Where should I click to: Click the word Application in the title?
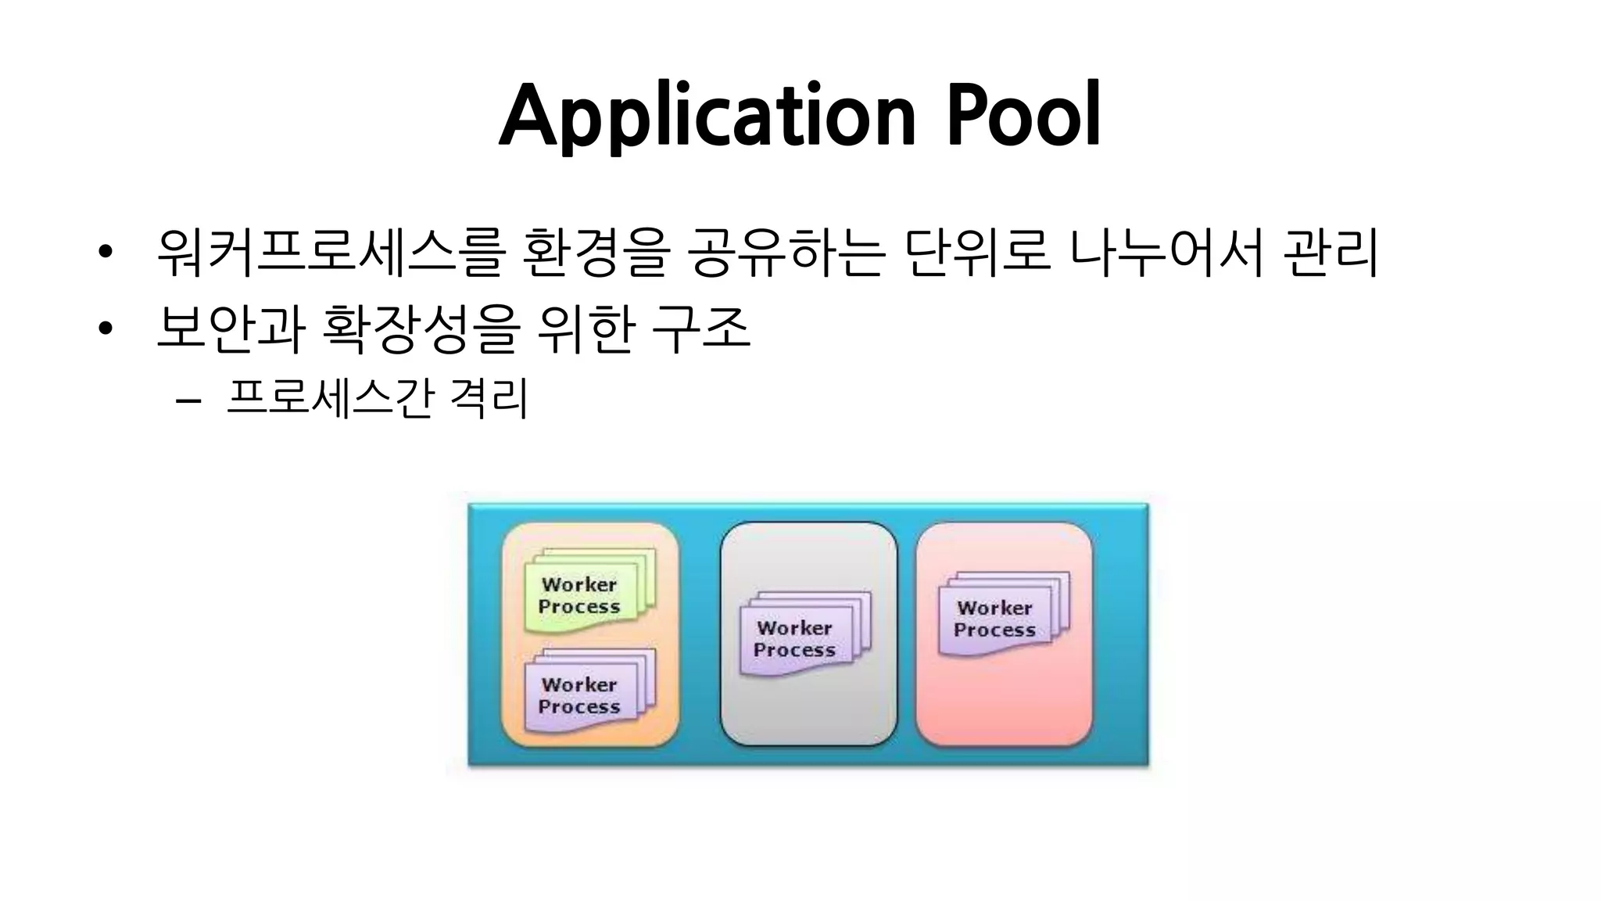pos(707,117)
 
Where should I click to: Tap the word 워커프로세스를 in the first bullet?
pos(328,253)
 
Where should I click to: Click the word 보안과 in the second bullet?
pos(230,328)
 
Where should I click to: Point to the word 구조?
pos(700,328)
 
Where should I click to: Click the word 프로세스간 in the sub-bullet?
pos(328,399)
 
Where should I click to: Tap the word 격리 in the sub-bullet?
pos(489,399)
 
